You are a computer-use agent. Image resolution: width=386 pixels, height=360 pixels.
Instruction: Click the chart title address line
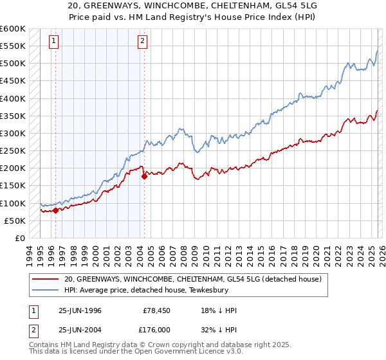[192, 5]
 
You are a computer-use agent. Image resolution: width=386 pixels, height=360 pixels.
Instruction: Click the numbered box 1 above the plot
[53, 42]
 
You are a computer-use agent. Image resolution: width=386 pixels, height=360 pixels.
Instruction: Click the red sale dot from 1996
[56, 210]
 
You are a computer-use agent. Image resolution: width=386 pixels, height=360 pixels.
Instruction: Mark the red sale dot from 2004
[144, 176]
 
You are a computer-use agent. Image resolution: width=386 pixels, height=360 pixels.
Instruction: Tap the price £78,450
[157, 310]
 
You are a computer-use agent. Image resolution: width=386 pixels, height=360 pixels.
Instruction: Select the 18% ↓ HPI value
[219, 310]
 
